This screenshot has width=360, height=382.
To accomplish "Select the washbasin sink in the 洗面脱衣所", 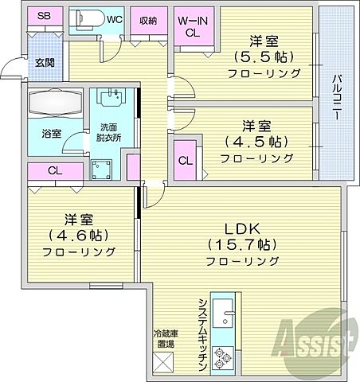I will (112, 99).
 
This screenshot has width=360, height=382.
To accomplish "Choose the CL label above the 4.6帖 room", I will (55, 171).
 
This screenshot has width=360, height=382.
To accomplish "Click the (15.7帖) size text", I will (242, 243).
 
